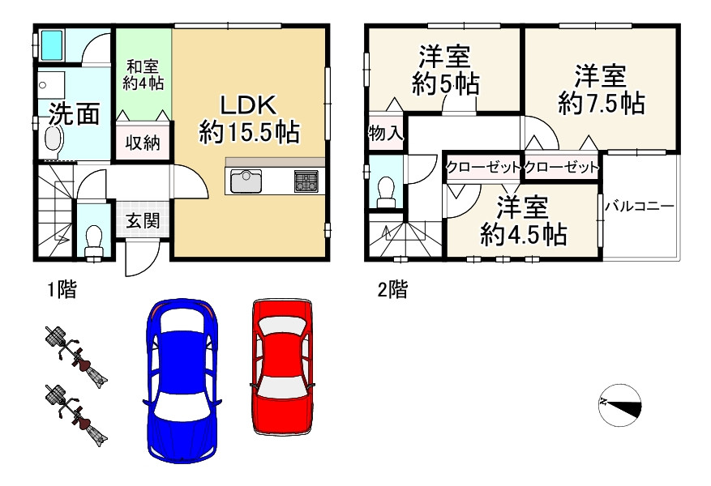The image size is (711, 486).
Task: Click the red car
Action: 281,365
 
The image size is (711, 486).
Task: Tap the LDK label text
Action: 250,105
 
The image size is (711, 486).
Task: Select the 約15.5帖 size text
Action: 250,132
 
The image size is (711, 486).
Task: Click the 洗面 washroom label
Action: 74,114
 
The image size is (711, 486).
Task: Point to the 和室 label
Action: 142,68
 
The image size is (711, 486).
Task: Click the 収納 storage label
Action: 142,144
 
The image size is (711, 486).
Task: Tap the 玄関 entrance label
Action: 142,220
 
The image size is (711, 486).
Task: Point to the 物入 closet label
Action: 385,134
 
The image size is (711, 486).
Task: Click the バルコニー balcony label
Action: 640,207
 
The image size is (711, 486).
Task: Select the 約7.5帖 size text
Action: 601,104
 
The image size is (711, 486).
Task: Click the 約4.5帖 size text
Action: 523,235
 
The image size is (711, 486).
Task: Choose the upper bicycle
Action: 75,355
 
